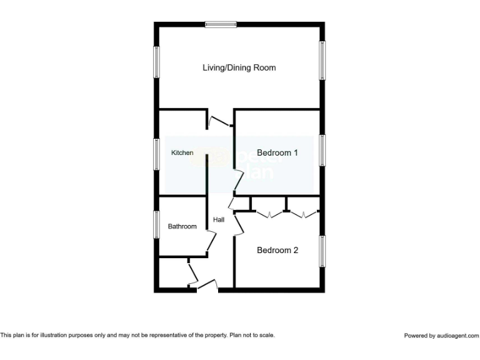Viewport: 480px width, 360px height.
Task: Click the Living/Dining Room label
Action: tap(239, 67)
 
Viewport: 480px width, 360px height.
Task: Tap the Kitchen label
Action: tap(182, 152)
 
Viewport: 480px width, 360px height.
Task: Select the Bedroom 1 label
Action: tap(277, 152)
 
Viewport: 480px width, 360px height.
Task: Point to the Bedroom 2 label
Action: tap(277, 250)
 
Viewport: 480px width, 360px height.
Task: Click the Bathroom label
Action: tap(182, 226)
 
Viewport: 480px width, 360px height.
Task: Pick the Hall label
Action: tap(219, 219)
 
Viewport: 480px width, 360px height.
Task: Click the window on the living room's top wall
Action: tap(221, 24)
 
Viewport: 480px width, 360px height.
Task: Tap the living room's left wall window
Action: tap(157, 62)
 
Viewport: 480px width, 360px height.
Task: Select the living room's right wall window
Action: tap(322, 61)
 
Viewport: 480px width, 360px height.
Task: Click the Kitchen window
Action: tap(157, 153)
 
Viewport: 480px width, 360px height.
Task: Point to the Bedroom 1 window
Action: tap(322, 151)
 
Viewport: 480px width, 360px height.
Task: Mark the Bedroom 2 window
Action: tap(322, 251)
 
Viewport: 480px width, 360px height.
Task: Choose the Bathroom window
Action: tap(157, 225)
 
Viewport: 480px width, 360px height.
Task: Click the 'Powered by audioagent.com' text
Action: tap(441, 336)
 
